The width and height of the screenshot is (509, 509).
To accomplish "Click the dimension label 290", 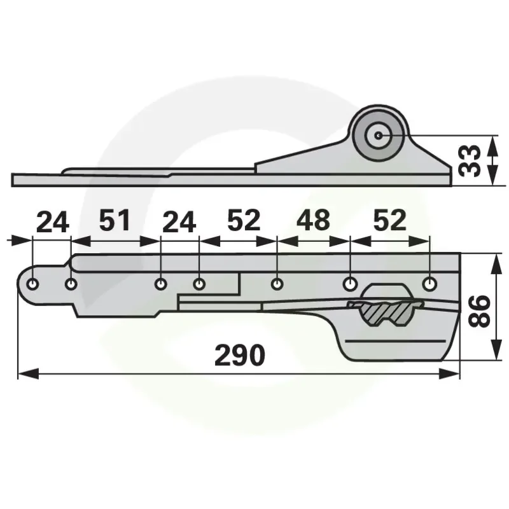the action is pyautogui.click(x=240, y=355).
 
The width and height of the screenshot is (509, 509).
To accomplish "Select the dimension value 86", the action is pyautogui.click(x=478, y=311).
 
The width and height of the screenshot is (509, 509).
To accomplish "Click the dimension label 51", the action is pyautogui.click(x=115, y=220).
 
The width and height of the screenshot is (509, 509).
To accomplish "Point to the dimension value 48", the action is pyautogui.click(x=313, y=220).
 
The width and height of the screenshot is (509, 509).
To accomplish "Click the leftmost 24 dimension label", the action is pyautogui.click(x=53, y=222).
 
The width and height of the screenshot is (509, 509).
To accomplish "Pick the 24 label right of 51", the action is pyautogui.click(x=179, y=222).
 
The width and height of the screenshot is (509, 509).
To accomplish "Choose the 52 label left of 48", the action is pyautogui.click(x=244, y=220).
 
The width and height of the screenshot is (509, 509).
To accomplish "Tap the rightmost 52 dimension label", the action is pyautogui.click(x=389, y=220).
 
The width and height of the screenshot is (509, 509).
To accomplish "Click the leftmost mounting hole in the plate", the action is pyautogui.click(x=32, y=284).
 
